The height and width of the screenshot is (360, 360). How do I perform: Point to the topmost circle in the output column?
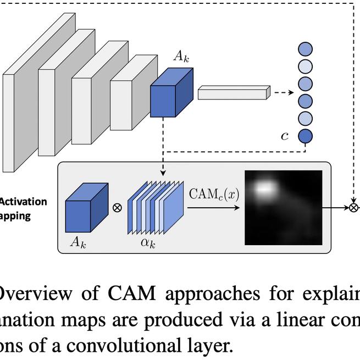click(x=305, y=48)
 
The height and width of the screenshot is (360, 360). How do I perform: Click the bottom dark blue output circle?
click(x=305, y=136)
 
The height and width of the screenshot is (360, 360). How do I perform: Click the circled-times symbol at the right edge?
click(x=354, y=208)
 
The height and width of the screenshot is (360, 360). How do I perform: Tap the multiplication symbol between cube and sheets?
click(x=117, y=208)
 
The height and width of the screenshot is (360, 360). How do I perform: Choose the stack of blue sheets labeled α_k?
click(x=154, y=208)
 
